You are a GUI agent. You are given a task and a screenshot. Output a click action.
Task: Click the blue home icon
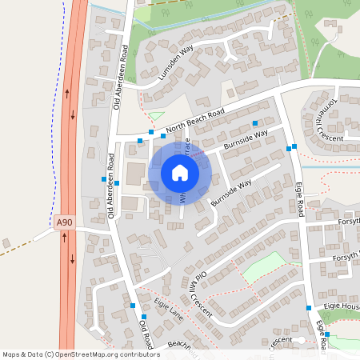[180, 173]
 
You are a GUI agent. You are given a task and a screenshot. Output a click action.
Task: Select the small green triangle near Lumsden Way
[157, 117]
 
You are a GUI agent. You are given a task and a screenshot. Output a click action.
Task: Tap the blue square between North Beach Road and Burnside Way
[255, 123]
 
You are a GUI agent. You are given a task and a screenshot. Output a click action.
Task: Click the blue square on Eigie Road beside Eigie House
[308, 307]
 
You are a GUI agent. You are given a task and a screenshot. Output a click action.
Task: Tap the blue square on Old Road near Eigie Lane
[132, 305]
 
